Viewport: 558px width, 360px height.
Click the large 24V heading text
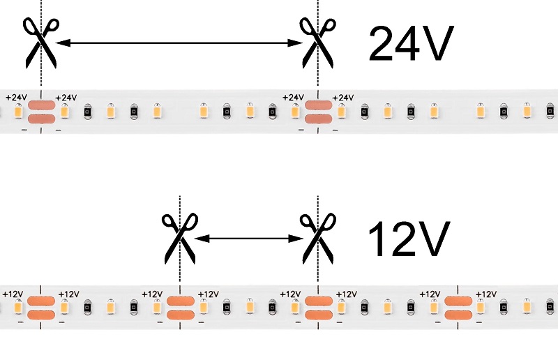point(412,43)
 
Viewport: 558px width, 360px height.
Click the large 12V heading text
point(409,238)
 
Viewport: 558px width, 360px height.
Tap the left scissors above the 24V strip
point(41,43)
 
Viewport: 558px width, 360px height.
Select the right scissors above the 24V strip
point(318,43)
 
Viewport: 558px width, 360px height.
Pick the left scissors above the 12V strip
point(180,239)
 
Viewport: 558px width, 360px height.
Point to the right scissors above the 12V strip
point(318,239)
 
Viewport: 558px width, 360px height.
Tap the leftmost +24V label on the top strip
point(16,97)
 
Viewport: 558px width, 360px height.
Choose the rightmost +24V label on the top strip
point(342,97)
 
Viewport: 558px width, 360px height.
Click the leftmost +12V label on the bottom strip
point(13,294)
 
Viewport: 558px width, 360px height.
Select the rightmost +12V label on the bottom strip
point(486,294)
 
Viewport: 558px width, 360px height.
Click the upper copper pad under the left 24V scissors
point(41,105)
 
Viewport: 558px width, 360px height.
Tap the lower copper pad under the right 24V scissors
point(319,119)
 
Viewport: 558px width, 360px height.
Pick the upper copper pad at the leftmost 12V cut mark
point(41,301)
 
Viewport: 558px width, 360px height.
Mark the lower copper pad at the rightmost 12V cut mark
point(458,315)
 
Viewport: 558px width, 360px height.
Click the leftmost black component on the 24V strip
point(88,112)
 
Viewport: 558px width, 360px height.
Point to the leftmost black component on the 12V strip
point(88,307)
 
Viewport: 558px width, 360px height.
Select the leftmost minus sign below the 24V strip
point(24,130)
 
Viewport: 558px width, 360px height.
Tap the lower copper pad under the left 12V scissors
point(181,315)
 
